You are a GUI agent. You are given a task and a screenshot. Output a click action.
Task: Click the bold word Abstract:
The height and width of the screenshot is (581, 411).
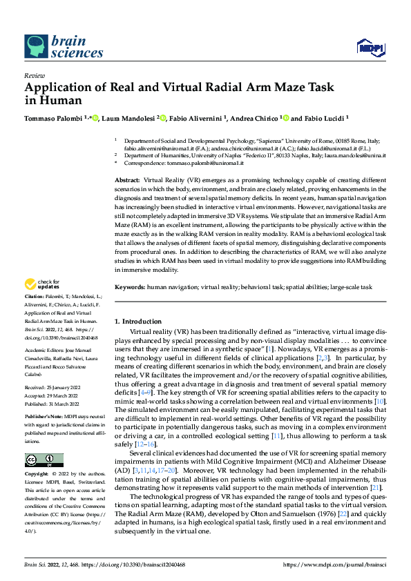click(x=127, y=179)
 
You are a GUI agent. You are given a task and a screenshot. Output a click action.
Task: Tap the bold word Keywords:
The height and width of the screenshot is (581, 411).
click(x=130, y=286)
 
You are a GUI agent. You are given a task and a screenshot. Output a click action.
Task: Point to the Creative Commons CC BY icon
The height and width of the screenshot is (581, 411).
click(x=44, y=460)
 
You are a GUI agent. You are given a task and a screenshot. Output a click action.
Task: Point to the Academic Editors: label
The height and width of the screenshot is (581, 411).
click(x=44, y=350)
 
